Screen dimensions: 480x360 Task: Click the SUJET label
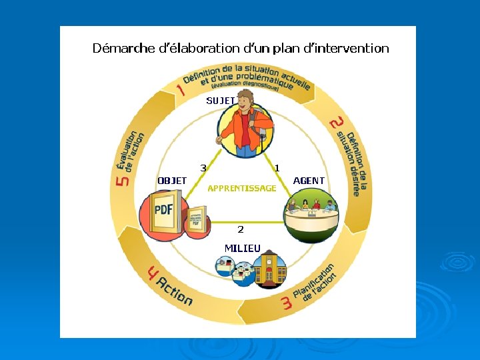coord(220,101)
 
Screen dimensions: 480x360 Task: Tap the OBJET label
coord(172,181)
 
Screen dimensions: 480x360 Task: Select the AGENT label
coord(309,181)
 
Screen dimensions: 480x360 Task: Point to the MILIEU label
coord(243,248)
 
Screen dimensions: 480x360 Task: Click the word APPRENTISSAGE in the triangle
coord(241,189)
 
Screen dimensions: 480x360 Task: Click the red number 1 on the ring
coord(180,89)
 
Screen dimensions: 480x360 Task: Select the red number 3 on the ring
coord(287,304)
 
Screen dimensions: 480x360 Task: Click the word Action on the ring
coord(175,291)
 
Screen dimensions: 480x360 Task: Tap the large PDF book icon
coord(163,212)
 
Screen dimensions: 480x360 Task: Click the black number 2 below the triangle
coord(241,229)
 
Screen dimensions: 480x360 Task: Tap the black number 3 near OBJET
coord(203,167)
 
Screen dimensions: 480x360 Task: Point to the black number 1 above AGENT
coord(277,167)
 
